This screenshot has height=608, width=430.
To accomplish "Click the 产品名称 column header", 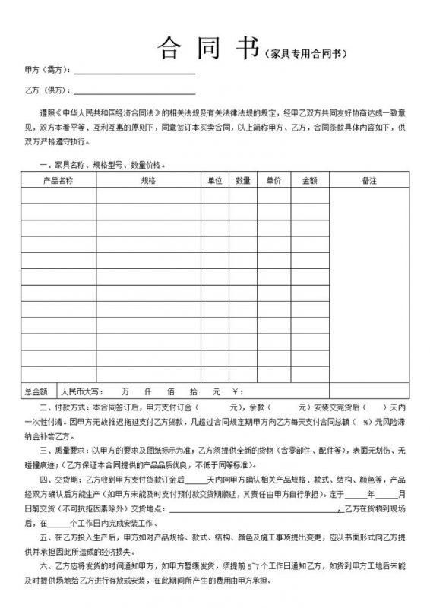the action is tap(58, 180).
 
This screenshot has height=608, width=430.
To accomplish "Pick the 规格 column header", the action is tap(148, 180).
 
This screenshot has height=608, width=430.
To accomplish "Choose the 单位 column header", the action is tap(214, 180).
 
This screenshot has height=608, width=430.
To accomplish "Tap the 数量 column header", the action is tap(243, 180).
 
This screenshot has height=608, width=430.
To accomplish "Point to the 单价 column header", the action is tap(273, 180).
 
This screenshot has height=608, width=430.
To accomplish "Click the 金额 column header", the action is tap(309, 180).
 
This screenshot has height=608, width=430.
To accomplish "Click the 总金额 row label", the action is tap(36, 391).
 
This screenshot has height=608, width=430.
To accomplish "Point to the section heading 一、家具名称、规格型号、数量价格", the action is tap(100, 163).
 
